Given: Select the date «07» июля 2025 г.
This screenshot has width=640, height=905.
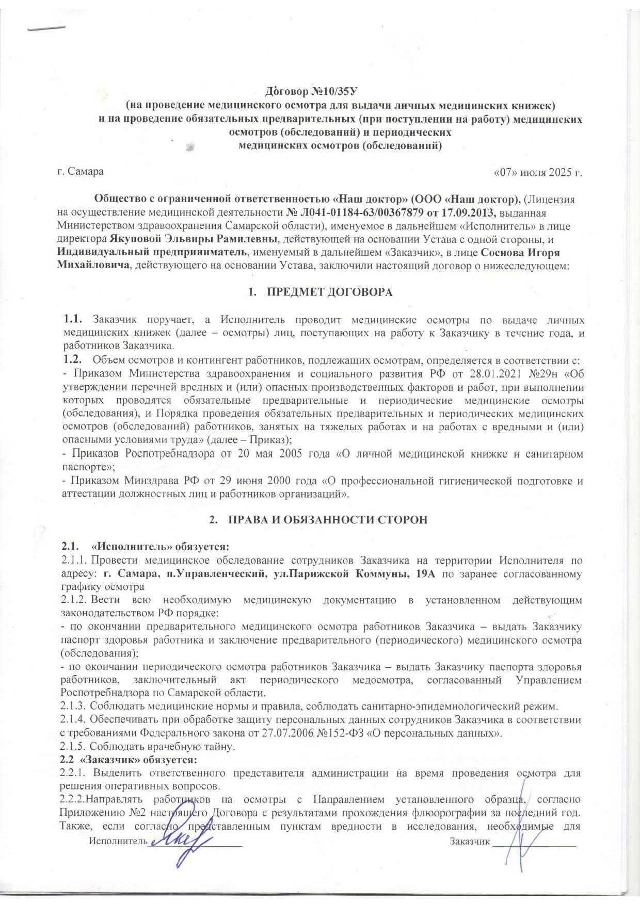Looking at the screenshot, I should click(x=538, y=172).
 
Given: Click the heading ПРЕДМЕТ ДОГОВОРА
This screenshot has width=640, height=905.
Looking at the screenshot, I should click(x=329, y=292).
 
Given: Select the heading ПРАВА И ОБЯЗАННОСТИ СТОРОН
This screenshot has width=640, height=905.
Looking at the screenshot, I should click(x=328, y=520).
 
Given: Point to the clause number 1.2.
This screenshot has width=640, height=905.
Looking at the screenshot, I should click(x=72, y=360).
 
